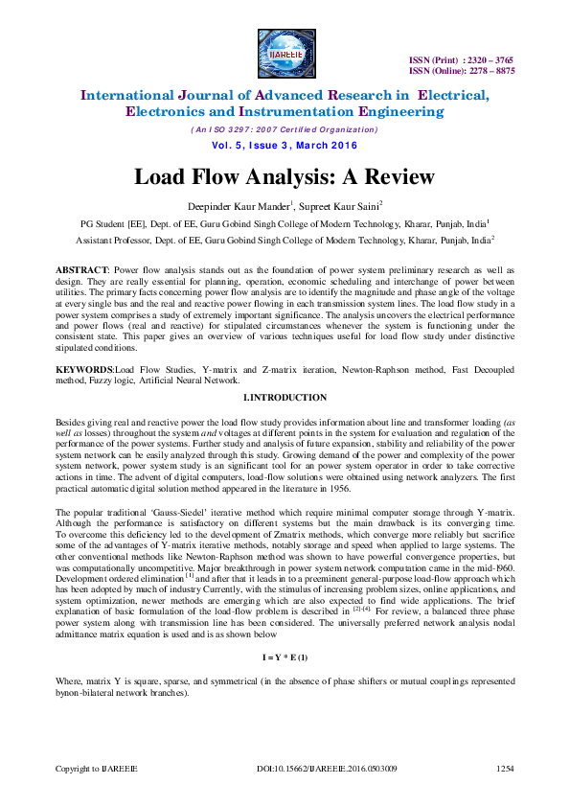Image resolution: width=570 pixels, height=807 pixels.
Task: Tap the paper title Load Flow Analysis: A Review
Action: click(284, 177)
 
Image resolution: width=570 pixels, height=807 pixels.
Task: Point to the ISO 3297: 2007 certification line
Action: click(285, 128)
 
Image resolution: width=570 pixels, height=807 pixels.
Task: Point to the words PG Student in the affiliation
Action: click(107, 222)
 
